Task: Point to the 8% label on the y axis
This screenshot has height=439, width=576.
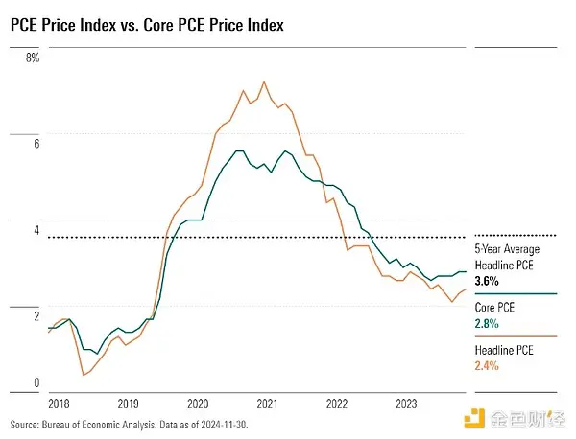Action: [x=33, y=58]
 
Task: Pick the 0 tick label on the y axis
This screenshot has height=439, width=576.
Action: [x=36, y=383]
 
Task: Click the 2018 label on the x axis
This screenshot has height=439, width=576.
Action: [x=60, y=404]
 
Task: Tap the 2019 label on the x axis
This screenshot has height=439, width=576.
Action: [x=128, y=404]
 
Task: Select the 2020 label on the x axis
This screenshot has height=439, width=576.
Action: [x=198, y=404]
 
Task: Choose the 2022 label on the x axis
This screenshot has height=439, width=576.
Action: [x=337, y=404]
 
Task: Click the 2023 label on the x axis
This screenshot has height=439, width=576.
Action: [x=406, y=404]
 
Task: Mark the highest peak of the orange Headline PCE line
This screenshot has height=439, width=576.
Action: [x=264, y=82]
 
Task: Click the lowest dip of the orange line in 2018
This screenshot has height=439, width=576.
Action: [x=83, y=375]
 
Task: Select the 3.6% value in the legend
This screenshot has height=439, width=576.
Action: [x=489, y=282]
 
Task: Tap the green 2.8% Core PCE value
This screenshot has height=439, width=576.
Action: [x=489, y=324]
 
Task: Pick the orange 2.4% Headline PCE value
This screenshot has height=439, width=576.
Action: [x=489, y=366]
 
